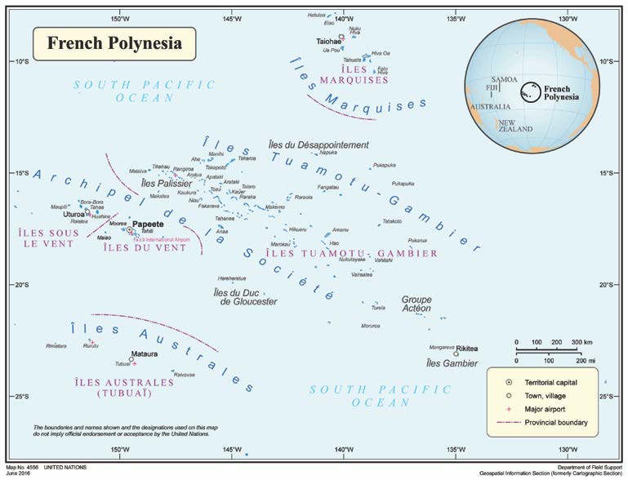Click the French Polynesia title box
pyautogui.click(x=114, y=42)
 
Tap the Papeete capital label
pyautogui.click(x=149, y=223)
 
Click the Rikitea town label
pyautogui.click(x=467, y=348)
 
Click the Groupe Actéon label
pyautogui.click(x=416, y=304)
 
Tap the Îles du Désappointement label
pyautogui.click(x=318, y=144)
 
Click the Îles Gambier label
pyautogui.click(x=452, y=362)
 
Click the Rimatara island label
pyautogui.click(x=56, y=345)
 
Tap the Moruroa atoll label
pyautogui.click(x=370, y=326)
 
